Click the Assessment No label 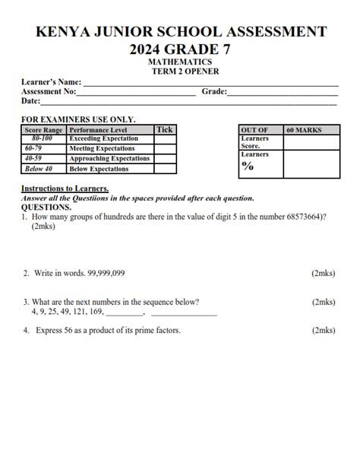pyautogui.click(x=49, y=91)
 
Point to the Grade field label pyautogui.click(x=213, y=91)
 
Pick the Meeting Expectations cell pyautogui.click(x=102, y=149)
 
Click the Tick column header pyautogui.click(x=164, y=130)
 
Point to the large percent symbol pyautogui.click(x=248, y=166)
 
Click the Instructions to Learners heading pyautogui.click(x=65, y=189)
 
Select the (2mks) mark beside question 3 pyautogui.click(x=324, y=302)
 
